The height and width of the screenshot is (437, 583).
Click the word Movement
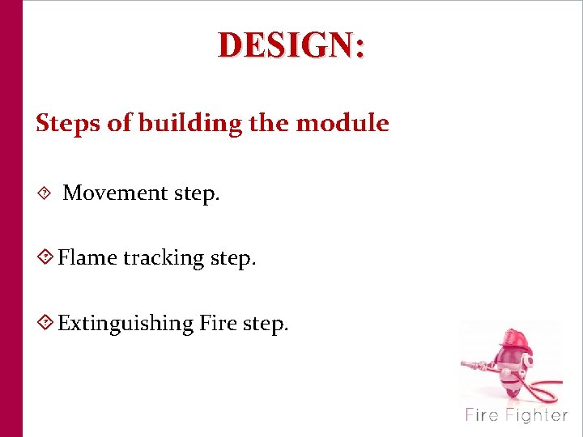pyautogui.click(x=115, y=193)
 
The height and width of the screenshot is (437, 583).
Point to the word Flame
pyautogui.click(x=87, y=258)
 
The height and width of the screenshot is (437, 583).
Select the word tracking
pyautogui.click(x=164, y=259)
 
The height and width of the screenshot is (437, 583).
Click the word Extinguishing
pyautogui.click(x=126, y=324)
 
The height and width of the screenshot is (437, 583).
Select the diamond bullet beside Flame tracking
pyautogui.click(x=46, y=258)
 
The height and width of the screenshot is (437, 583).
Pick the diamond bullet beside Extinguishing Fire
pyautogui.click(x=46, y=323)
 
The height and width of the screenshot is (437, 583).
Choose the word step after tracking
pyautogui.click(x=233, y=259)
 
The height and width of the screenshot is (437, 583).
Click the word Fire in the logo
pyautogui.click(x=483, y=416)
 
